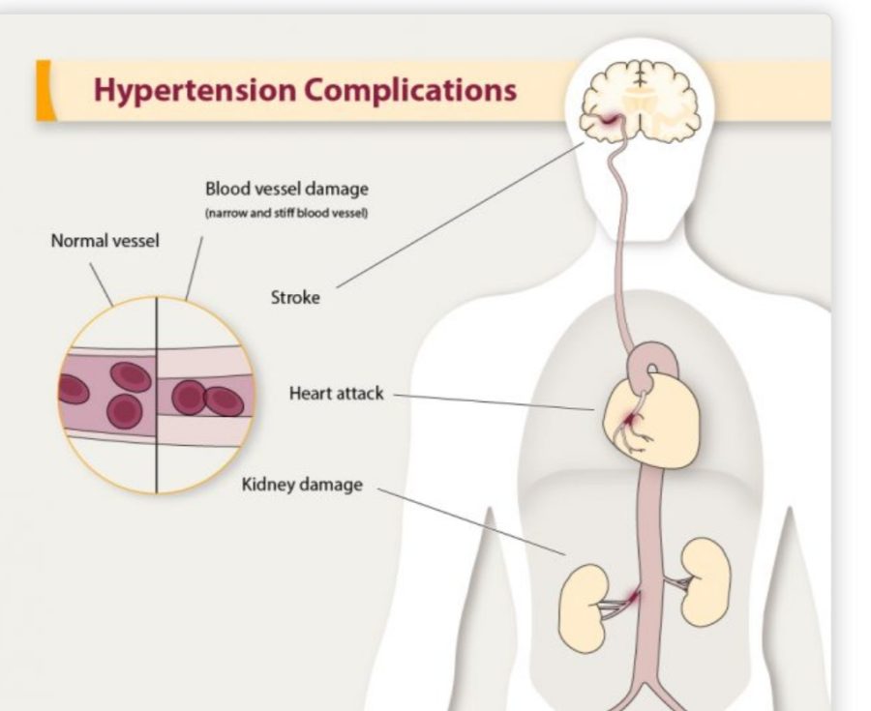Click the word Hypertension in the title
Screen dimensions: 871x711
click(195, 90)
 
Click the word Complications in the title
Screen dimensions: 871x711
click(410, 90)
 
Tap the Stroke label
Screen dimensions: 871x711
click(295, 298)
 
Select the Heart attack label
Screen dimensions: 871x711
click(336, 394)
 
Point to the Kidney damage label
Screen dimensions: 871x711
click(302, 485)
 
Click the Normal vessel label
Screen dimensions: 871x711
click(105, 241)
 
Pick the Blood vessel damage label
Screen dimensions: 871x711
click(286, 189)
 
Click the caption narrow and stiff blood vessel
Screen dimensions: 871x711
click(286, 213)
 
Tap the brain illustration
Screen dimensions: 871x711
click(640, 102)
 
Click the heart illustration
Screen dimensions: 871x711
click(652, 420)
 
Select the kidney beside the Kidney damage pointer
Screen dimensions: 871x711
click(584, 607)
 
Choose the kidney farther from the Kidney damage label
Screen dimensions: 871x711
click(706, 581)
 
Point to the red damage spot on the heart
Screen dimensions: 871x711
click(628, 420)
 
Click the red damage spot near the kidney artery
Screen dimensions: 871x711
click(632, 598)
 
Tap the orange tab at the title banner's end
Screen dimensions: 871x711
click(45, 91)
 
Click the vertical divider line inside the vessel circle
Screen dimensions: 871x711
click(157, 396)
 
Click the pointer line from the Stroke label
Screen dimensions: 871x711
click(460, 215)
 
